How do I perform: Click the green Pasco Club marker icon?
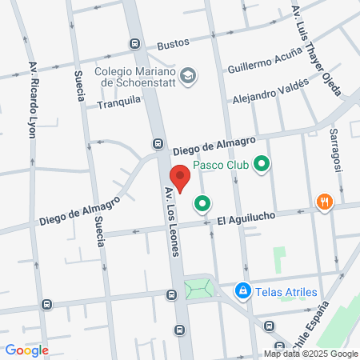click(x=261, y=166)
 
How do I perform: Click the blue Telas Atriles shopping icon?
click(x=241, y=291)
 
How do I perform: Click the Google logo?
click(x=26, y=350)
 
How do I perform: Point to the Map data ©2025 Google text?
click(x=311, y=354)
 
